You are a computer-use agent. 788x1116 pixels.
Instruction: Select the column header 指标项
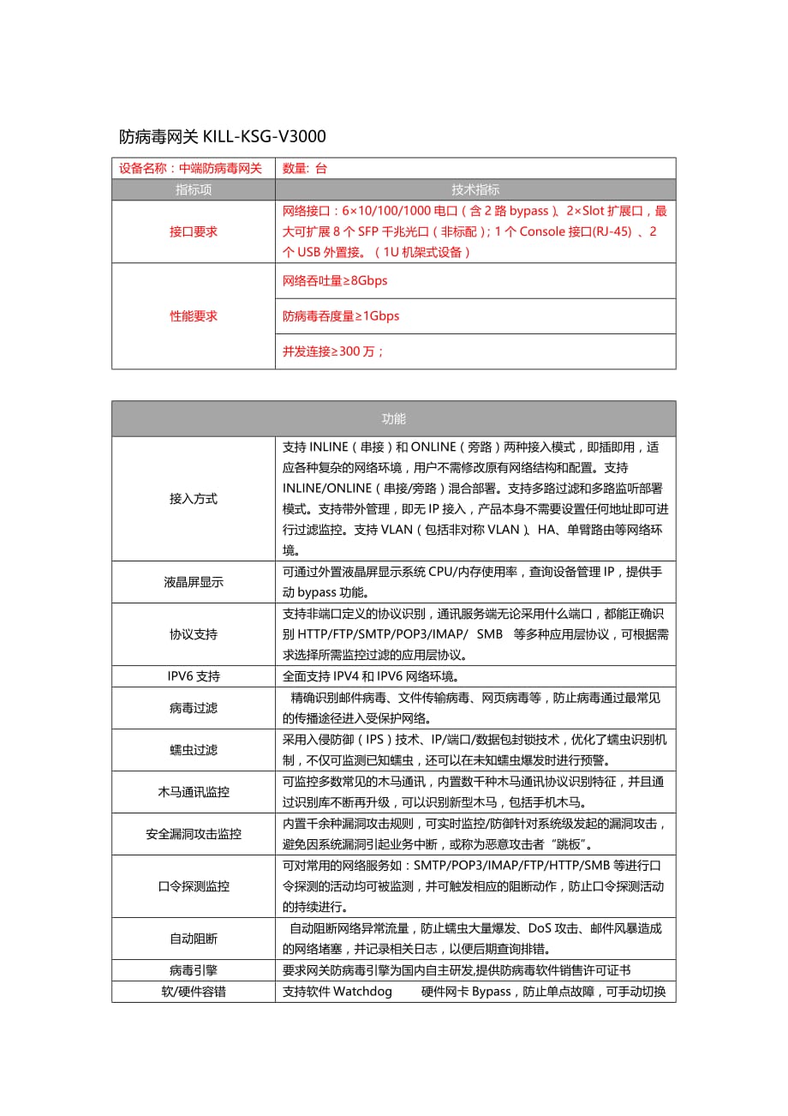pyautogui.click(x=194, y=189)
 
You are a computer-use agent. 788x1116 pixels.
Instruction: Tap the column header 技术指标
pyautogui.click(x=475, y=189)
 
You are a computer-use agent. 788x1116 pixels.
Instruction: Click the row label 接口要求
pyautogui.click(x=194, y=231)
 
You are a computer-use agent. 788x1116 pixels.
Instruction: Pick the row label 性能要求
pyautogui.click(x=194, y=315)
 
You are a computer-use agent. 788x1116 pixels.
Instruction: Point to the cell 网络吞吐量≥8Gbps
pyautogui.click(x=335, y=280)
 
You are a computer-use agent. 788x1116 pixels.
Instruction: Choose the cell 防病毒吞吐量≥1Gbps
pyautogui.click(x=341, y=315)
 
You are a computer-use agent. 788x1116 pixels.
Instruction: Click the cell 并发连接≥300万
pyautogui.click(x=333, y=351)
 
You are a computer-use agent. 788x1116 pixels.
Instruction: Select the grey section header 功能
pyautogui.click(x=394, y=419)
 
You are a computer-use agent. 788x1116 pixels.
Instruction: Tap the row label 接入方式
pyautogui.click(x=194, y=499)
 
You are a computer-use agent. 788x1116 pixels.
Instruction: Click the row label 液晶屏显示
pyautogui.click(x=194, y=582)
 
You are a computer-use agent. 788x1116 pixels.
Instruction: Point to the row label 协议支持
pyautogui.click(x=194, y=634)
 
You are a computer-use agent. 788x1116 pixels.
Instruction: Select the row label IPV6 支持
pyautogui.click(x=194, y=676)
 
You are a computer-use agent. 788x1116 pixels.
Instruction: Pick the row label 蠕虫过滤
pyautogui.click(x=194, y=750)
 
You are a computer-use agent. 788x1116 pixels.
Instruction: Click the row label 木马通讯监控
pyautogui.click(x=194, y=792)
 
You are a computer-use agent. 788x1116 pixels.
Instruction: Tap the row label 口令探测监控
pyautogui.click(x=194, y=886)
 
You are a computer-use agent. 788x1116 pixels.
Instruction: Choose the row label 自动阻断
pyautogui.click(x=194, y=939)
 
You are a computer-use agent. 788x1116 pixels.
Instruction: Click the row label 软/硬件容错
pyautogui.click(x=194, y=992)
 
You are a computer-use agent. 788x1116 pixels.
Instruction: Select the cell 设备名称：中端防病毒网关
pyautogui.click(x=190, y=168)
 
